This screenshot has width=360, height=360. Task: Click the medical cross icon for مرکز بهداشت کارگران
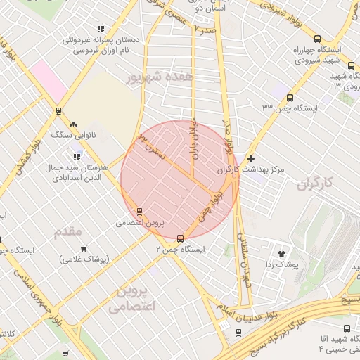[250, 159]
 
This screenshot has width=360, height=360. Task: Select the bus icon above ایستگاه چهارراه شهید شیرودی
[318, 39]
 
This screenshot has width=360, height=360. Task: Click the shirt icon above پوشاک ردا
[283, 252]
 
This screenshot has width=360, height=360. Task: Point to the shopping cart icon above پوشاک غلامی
[84, 248]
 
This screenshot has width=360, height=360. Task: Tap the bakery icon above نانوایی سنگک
[74, 124]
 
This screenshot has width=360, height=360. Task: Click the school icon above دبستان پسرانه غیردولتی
[101, 30]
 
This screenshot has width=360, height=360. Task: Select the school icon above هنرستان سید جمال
[77, 157]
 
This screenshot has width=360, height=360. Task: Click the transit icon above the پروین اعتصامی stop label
[139, 211]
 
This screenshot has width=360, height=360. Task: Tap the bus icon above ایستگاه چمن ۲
[181, 238]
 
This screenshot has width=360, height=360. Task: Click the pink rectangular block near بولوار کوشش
[47, 79]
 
